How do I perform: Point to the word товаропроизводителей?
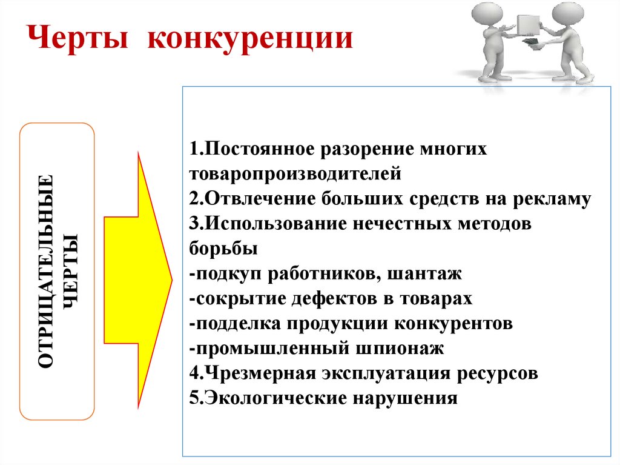click(x=295, y=174)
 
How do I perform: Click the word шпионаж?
click(x=400, y=349)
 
